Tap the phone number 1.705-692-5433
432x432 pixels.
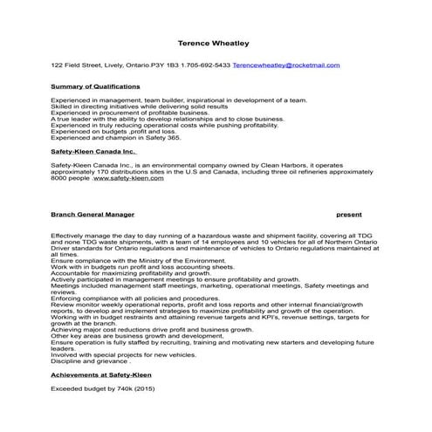pos(209,65)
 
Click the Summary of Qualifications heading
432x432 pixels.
pos(95,87)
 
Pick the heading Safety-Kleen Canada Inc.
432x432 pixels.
pos(93,151)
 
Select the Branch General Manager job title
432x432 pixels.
pos(93,214)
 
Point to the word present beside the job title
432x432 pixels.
pos(349,214)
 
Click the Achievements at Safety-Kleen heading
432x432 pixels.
pos(100,374)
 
